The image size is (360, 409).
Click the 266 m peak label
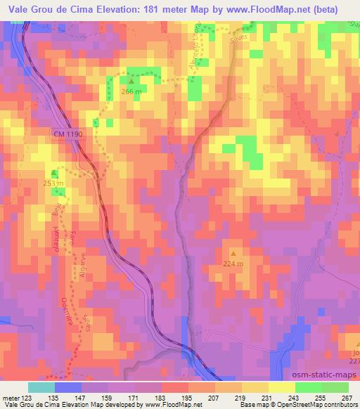131,91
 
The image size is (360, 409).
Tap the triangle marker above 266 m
131,82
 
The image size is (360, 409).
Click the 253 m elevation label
55,183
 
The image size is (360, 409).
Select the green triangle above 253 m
55,173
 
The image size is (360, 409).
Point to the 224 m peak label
233,264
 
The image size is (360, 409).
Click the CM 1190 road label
67,133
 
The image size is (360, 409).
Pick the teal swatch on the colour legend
41,387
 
